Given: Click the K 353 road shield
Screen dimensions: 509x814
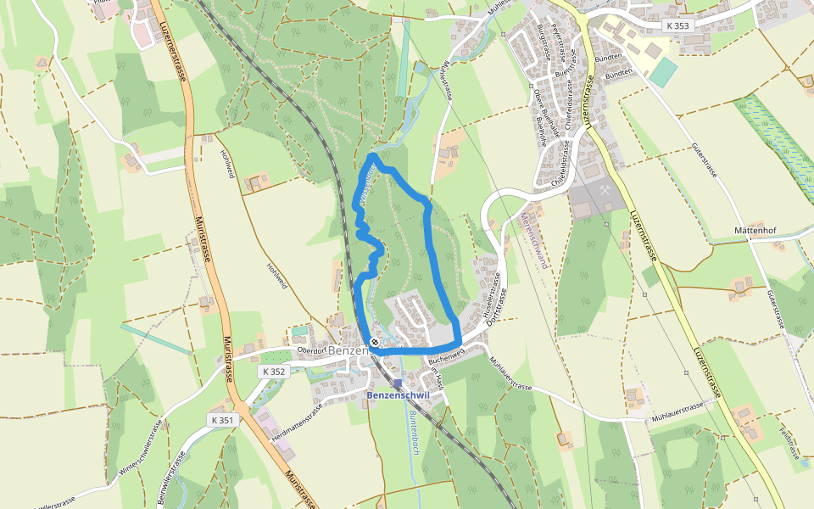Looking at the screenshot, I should [x=678, y=25].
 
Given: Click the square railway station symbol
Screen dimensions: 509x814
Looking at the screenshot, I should [x=398, y=383].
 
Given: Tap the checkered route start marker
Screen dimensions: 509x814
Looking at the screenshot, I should [x=375, y=342].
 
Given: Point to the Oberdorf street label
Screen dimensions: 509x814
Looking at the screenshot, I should [x=312, y=349].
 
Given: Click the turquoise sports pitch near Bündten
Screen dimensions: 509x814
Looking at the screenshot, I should [x=664, y=72].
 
